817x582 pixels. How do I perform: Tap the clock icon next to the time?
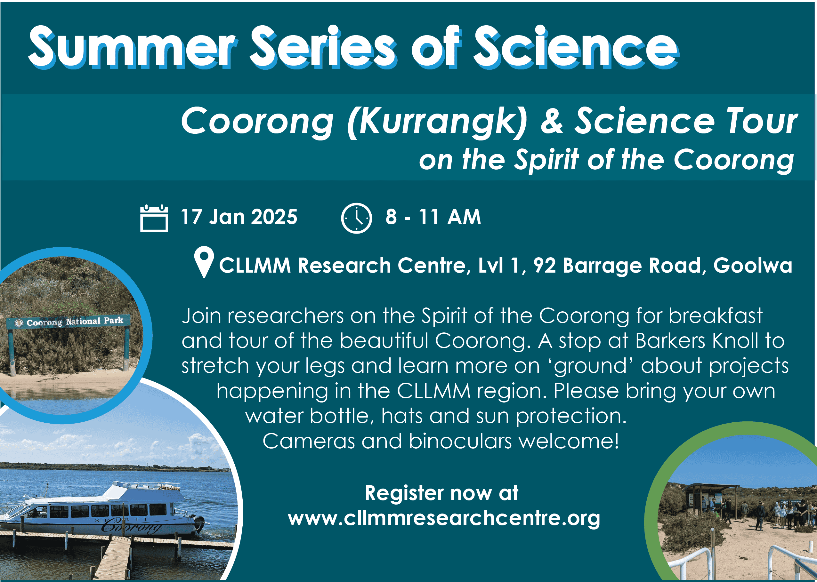coord(356,218)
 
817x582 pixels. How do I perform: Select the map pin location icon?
coord(204,262)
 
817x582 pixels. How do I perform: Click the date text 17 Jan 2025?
coord(239,217)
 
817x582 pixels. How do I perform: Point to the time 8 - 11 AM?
coord(433,217)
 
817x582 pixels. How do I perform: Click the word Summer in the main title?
coord(133,47)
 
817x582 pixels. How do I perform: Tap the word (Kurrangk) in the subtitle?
coord(437,122)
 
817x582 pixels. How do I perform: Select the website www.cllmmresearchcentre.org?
coord(444,518)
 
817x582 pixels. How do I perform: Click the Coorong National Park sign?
coord(69,322)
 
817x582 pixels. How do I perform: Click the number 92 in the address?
coord(545,266)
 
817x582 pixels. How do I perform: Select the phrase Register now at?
coord(442,493)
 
